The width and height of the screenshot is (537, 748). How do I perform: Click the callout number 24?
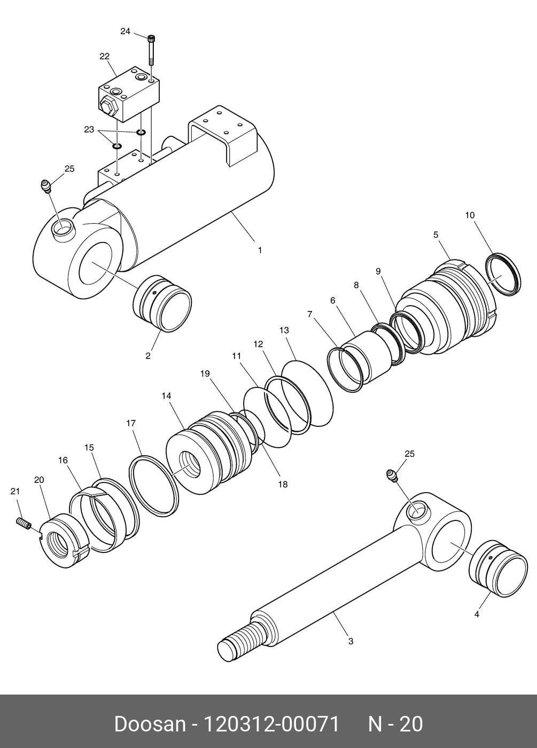pyautogui.click(x=125, y=32)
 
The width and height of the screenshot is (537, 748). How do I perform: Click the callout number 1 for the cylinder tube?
pyautogui.click(x=260, y=250)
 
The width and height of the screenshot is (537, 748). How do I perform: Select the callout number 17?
pyautogui.click(x=131, y=423)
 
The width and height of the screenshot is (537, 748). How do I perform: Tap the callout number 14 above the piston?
pyautogui.click(x=166, y=396)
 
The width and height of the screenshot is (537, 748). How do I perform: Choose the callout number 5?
pyautogui.click(x=435, y=235)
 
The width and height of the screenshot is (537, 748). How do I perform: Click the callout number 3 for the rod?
pyautogui.click(x=351, y=641)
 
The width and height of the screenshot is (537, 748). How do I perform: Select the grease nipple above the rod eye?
pyautogui.click(x=393, y=476)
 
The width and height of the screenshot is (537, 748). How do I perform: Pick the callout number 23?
pyautogui.click(x=89, y=129)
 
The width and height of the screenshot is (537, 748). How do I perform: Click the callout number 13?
pyautogui.click(x=284, y=331)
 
